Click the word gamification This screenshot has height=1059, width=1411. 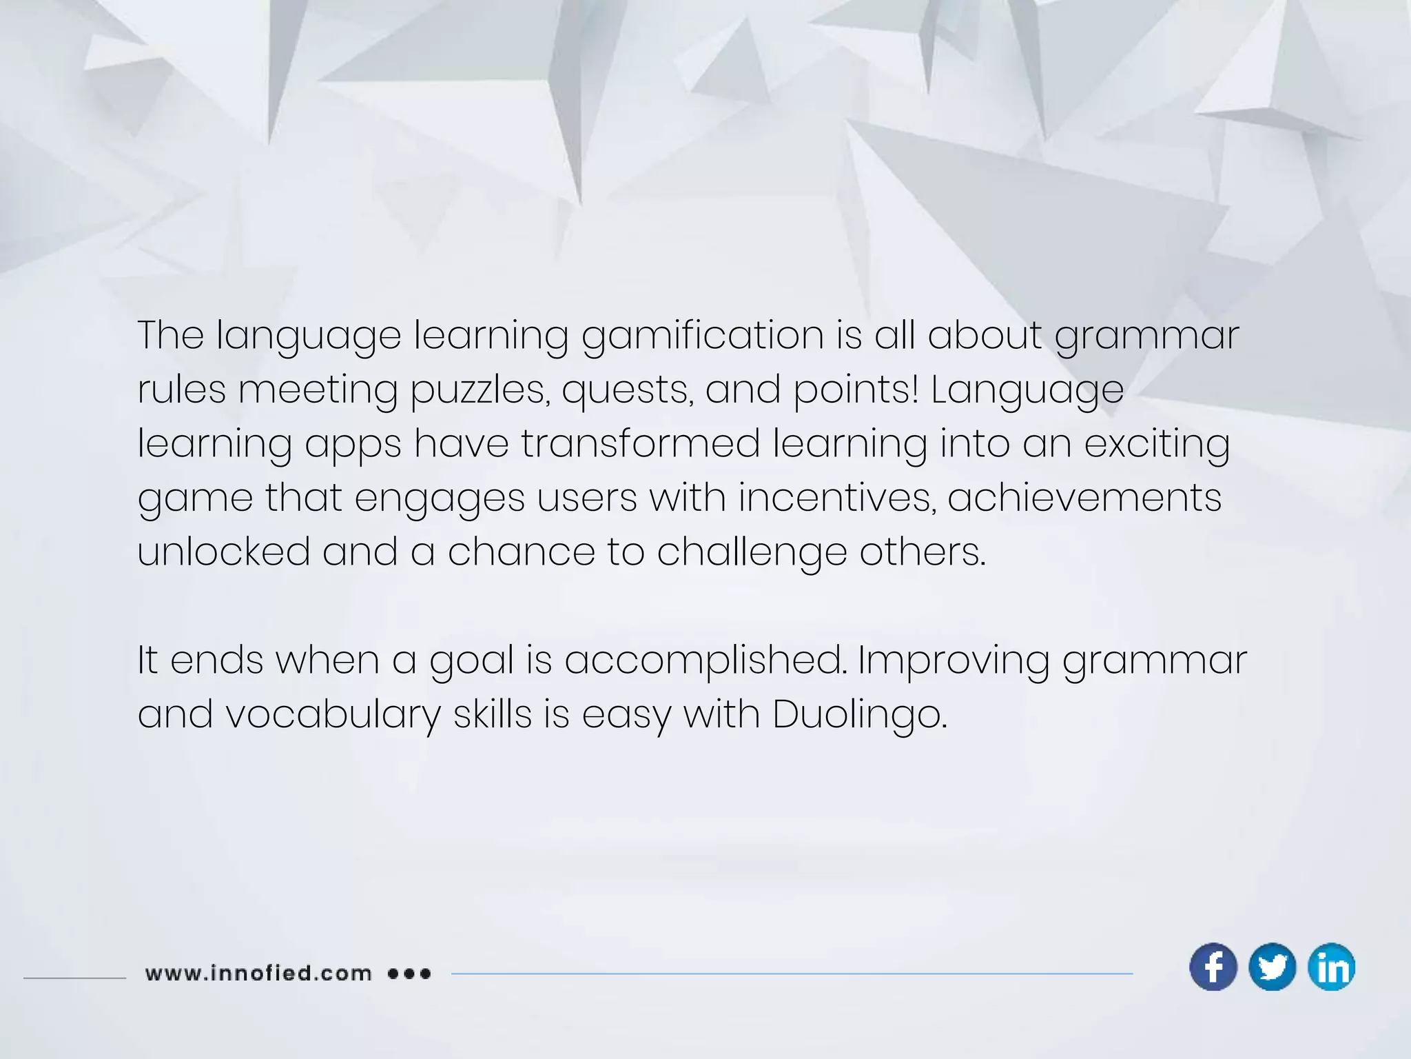point(702,336)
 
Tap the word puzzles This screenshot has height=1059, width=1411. point(480,390)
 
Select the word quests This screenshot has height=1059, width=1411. point(627,390)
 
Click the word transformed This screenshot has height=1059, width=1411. point(640,443)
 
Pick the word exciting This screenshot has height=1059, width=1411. point(1157,443)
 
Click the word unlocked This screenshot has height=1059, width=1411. point(224,552)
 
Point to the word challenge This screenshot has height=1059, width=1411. point(752,552)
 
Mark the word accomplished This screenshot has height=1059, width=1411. point(705,660)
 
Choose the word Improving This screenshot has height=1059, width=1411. point(954,660)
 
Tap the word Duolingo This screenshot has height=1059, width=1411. point(859,714)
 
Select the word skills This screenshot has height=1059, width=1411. point(493,714)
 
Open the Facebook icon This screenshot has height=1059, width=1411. point(1213,967)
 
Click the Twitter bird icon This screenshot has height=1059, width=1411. point(1272,967)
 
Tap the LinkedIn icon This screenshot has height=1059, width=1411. point(1331,967)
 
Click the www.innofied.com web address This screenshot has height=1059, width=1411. point(258,974)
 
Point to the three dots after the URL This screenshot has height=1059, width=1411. point(409,974)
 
